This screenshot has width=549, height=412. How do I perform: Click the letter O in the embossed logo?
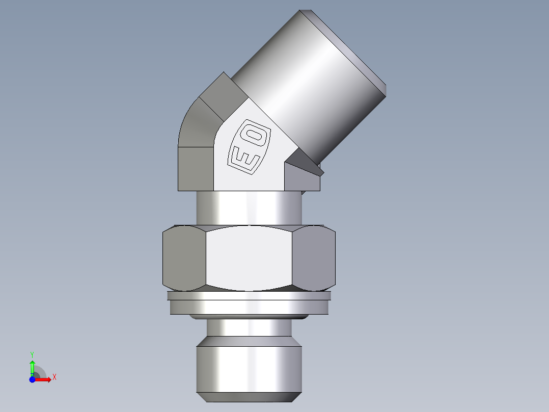coord(257,135)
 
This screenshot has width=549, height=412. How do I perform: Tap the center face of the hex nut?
coord(250,259)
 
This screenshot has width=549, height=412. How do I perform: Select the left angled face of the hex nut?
coord(184,257)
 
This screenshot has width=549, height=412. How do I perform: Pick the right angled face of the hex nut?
coord(315,257)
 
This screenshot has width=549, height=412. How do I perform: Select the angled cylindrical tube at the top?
coord(300,82)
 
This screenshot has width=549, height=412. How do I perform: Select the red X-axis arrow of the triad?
coord(43,379)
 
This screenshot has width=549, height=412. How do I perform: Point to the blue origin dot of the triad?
coord(32,379)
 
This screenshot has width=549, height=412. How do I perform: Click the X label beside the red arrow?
coord(54,377)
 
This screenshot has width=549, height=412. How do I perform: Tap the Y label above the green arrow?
coord(32,354)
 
